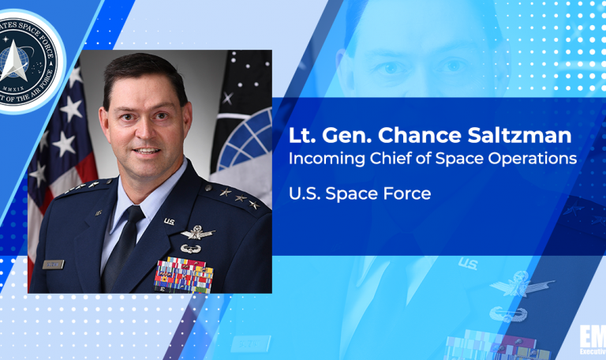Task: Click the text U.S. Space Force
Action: click(x=360, y=193)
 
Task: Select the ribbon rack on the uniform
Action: click(x=184, y=274)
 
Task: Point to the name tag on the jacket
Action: click(x=54, y=264)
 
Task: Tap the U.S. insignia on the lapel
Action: click(x=170, y=222)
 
